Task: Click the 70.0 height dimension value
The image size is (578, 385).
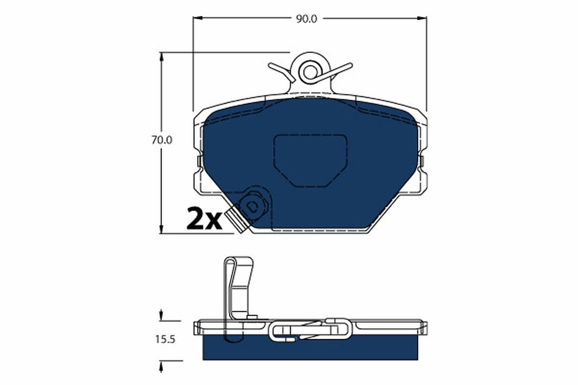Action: (162, 141)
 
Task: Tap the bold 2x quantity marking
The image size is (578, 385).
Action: (203, 220)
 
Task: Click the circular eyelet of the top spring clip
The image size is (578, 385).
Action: (309, 71)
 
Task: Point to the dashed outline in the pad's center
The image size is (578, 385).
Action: (310, 160)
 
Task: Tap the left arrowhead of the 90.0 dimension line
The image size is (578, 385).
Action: (197, 19)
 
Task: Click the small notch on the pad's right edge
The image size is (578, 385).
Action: (421, 161)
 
